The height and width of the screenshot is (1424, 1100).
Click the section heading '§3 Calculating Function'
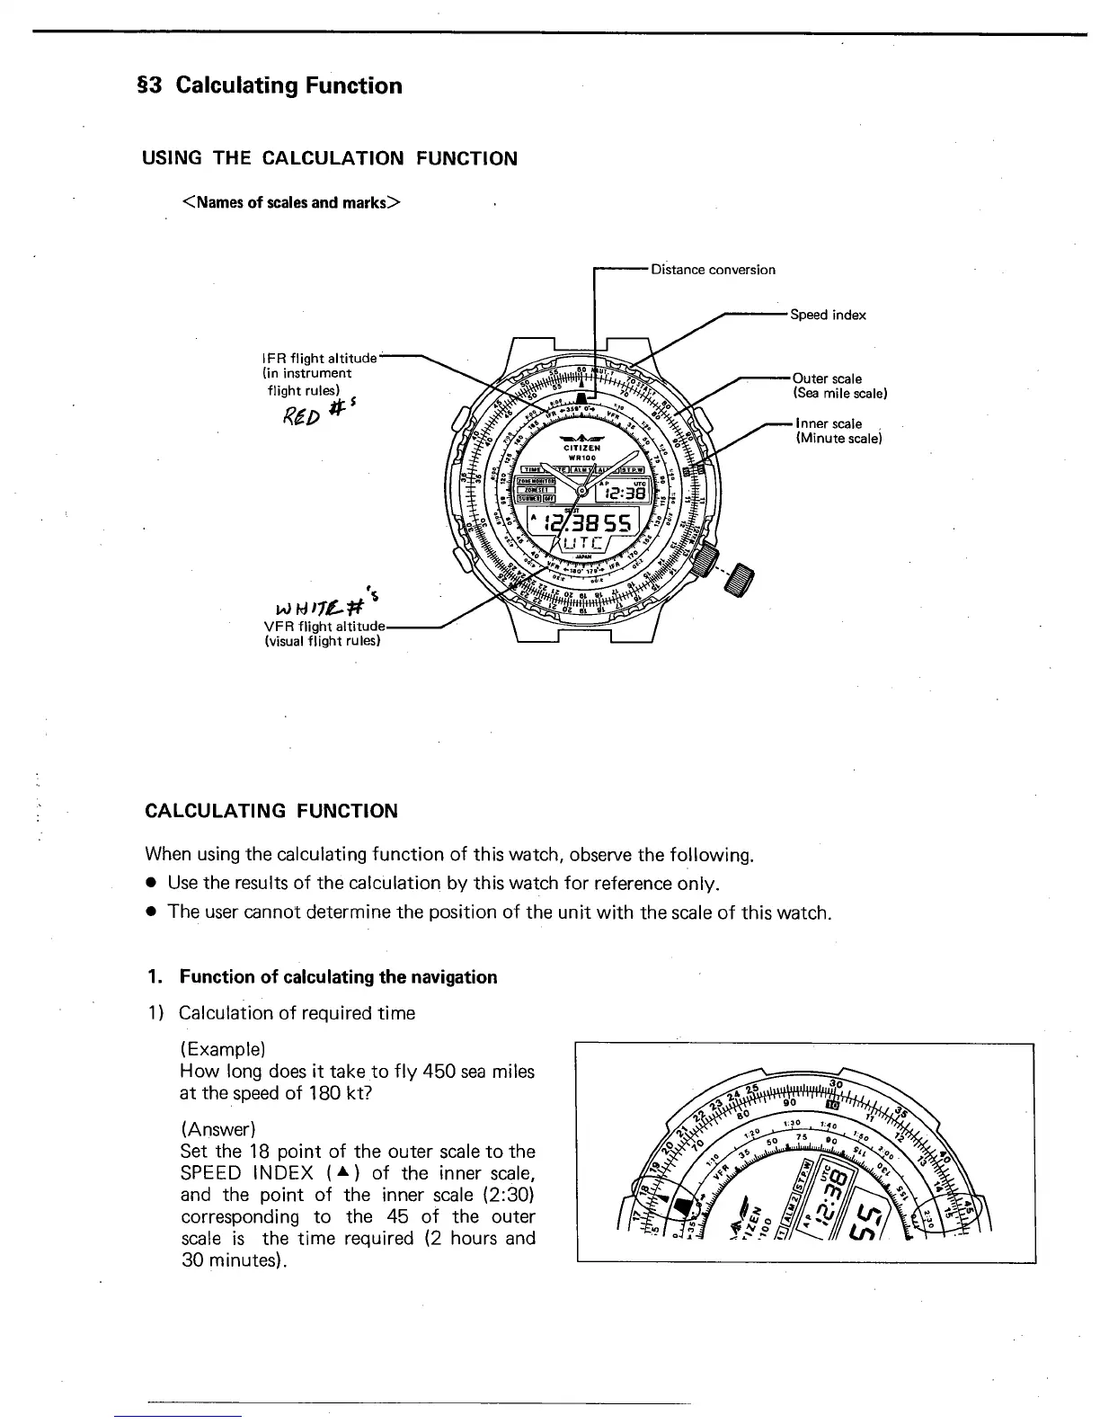pyautogui.click(x=267, y=86)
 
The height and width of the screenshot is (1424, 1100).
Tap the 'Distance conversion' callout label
pyautogui.click(x=713, y=270)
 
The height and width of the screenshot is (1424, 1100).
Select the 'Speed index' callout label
pyautogui.click(x=828, y=315)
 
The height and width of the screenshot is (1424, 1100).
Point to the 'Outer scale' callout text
pyautogui.click(x=827, y=378)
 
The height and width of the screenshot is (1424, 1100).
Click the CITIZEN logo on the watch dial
pyautogui.click(x=582, y=447)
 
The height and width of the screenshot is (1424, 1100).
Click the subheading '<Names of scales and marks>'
pyautogui.click(x=291, y=202)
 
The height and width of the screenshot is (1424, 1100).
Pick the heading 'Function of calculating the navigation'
pyautogui.click(x=337, y=977)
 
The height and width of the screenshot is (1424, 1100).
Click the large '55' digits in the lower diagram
pyautogui.click(x=869, y=1220)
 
